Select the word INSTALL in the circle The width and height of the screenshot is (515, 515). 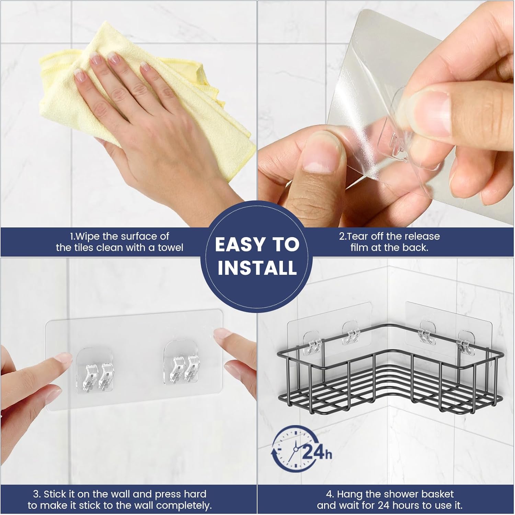[257, 268]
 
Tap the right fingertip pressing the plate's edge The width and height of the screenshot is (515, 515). [223, 337]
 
